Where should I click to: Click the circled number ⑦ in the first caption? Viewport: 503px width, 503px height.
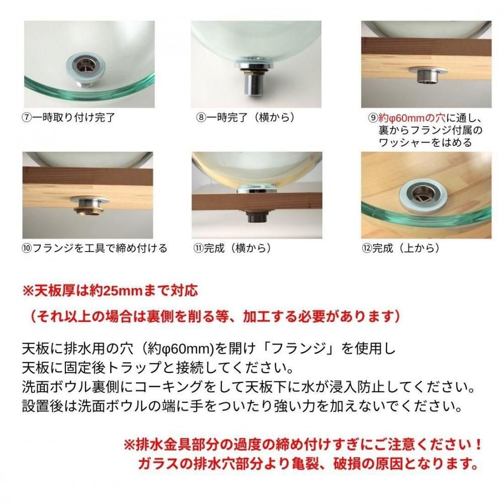click(27, 118)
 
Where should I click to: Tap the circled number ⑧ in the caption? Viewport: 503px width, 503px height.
click(201, 118)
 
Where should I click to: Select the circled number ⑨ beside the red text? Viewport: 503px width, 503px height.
click(373, 118)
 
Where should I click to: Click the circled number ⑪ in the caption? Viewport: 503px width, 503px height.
click(198, 248)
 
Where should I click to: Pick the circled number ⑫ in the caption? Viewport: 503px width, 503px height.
click(367, 248)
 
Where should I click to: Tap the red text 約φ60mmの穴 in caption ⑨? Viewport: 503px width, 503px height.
click(412, 118)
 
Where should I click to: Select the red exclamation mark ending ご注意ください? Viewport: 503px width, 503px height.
click(478, 445)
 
